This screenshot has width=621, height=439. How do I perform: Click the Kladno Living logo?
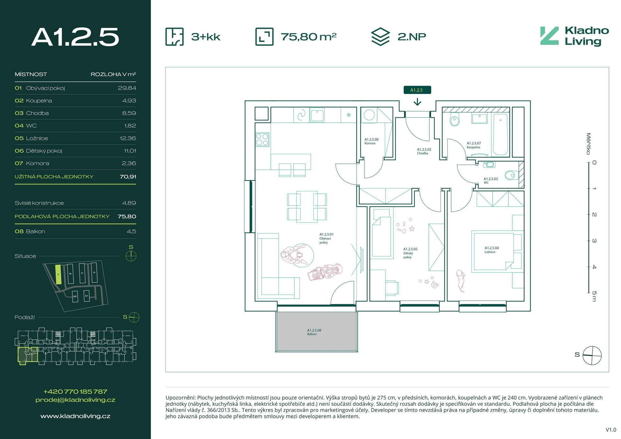tap(574, 36)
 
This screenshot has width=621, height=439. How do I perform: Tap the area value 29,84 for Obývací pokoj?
tap(127, 88)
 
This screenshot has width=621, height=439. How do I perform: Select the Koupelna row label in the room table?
tap(39, 101)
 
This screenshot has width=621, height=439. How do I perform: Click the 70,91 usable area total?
tap(128, 177)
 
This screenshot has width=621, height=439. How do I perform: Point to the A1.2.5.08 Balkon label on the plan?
tap(314, 332)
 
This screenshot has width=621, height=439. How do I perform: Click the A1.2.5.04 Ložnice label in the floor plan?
tap(492, 250)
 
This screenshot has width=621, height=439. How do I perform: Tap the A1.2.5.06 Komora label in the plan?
tap(371, 141)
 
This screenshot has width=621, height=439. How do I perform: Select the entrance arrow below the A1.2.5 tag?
tap(417, 102)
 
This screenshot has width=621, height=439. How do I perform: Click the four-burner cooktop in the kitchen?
tap(262, 140)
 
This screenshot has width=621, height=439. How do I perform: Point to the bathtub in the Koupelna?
tap(500, 134)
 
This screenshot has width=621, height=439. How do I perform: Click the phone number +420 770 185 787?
tap(75, 391)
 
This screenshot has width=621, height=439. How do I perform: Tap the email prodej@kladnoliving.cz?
tap(75, 400)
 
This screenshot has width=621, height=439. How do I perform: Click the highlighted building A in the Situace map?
tap(58, 274)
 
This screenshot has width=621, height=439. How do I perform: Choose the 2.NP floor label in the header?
tap(412, 37)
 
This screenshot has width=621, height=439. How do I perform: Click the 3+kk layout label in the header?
tap(206, 37)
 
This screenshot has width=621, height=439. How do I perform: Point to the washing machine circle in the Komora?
tap(369, 115)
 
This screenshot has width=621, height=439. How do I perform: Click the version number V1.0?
tap(611, 430)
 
